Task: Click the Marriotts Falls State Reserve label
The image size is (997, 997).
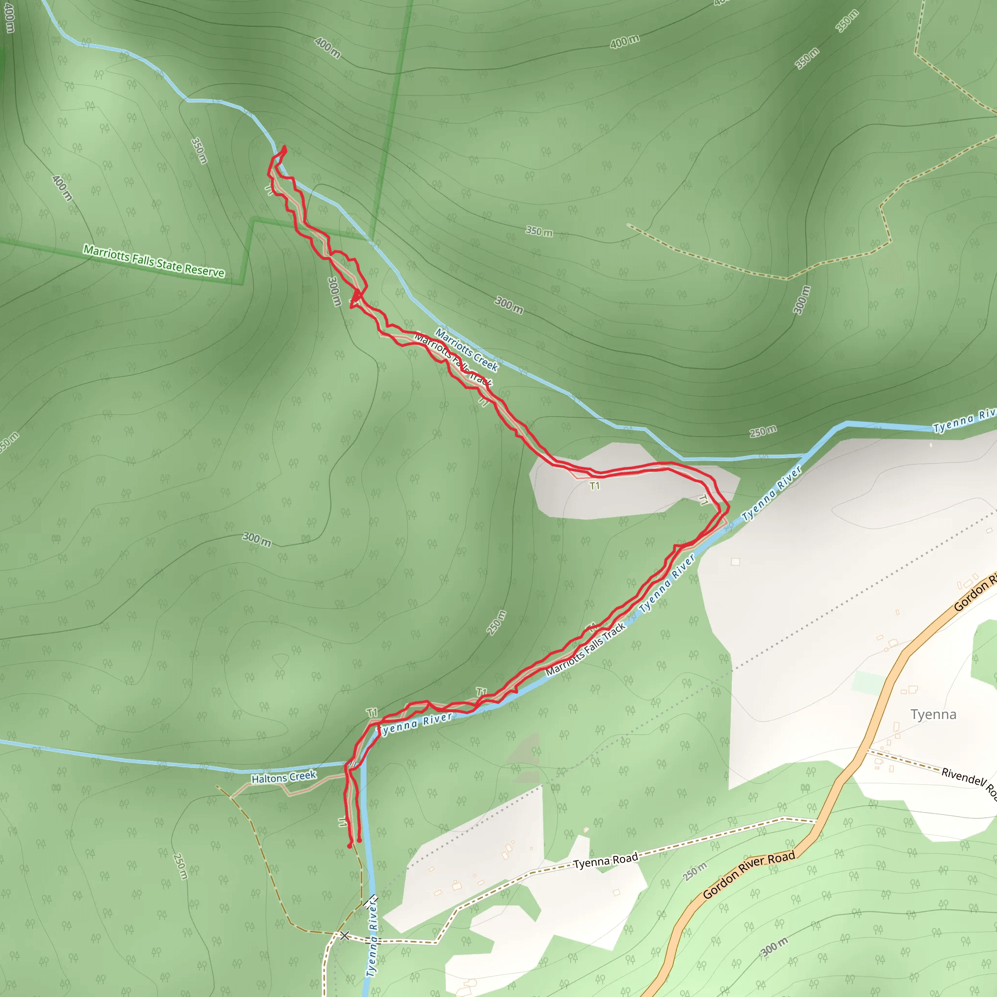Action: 154,261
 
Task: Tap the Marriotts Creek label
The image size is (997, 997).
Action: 466,351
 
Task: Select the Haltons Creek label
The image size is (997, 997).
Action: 283,776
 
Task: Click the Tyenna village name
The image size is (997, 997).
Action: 933,714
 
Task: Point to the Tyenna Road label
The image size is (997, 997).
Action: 606,860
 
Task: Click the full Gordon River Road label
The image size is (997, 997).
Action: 749,875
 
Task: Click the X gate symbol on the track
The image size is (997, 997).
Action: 344,936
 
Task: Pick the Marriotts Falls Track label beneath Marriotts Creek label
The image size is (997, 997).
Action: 453,360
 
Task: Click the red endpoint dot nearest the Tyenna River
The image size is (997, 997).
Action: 360,841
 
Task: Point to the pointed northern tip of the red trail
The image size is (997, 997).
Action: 284,148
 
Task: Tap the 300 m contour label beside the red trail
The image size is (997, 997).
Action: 334,292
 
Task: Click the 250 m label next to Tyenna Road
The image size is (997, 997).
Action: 695,871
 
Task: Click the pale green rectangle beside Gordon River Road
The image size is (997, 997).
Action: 868,682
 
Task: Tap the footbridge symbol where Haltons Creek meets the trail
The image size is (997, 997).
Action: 352,763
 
